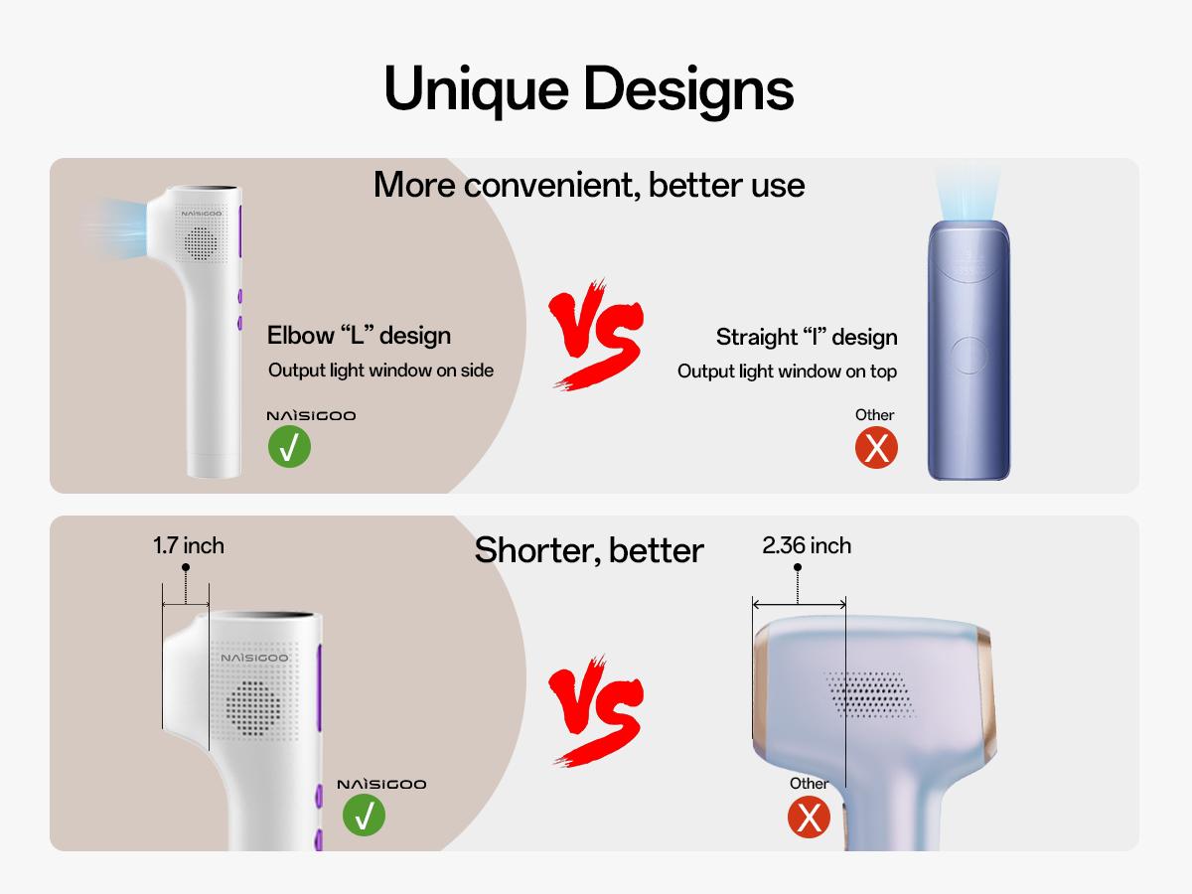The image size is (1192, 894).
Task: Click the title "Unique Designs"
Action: pyautogui.click(x=588, y=88)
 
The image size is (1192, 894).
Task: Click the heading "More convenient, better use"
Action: pyautogui.click(x=589, y=185)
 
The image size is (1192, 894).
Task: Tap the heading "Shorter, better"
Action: pyautogui.click(x=589, y=549)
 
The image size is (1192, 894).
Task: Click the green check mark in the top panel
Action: pyautogui.click(x=289, y=447)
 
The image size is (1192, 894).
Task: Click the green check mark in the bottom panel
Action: pyautogui.click(x=364, y=816)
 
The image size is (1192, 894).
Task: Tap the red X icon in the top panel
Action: pyautogui.click(x=876, y=448)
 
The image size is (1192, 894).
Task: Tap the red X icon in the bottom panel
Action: pyautogui.click(x=809, y=818)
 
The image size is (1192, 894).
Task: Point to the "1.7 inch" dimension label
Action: pyautogui.click(x=189, y=545)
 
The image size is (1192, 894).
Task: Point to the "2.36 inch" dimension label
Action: pyautogui.click(x=807, y=545)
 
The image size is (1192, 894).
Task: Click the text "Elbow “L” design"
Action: pyautogui.click(x=359, y=335)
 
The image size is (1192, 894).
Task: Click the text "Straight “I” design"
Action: pyautogui.click(x=807, y=337)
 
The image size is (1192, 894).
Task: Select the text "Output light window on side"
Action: pyautogui.click(x=380, y=371)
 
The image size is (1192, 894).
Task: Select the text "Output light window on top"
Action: pyautogui.click(x=787, y=372)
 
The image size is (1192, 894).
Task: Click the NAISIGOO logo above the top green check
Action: pyautogui.click(x=310, y=415)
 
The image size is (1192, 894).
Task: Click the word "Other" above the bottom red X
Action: pyautogui.click(x=809, y=784)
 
